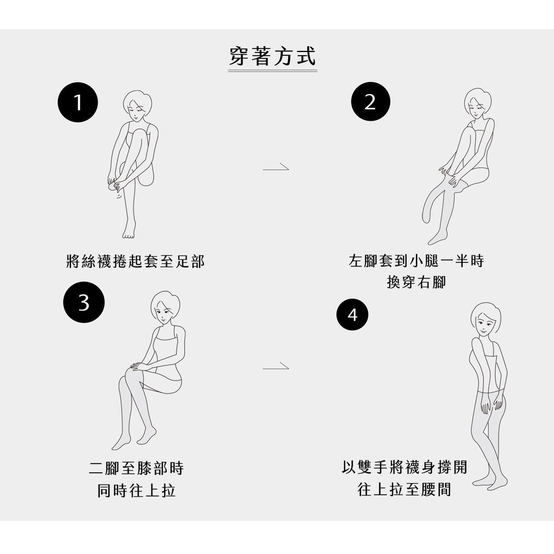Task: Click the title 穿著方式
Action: pos(273,56)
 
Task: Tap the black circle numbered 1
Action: pos(78,102)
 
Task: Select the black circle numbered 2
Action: pos(370,102)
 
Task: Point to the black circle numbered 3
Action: pos(84,302)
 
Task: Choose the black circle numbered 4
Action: pos(352,314)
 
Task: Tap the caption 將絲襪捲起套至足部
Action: pos(135,261)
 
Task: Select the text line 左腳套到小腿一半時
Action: pos(416,261)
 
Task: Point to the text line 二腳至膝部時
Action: pos(136,468)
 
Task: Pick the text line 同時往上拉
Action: pos(136,490)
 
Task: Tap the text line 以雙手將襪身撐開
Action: pos(405,467)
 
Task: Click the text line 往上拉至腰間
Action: pos(405,489)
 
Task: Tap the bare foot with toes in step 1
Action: pos(129,229)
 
